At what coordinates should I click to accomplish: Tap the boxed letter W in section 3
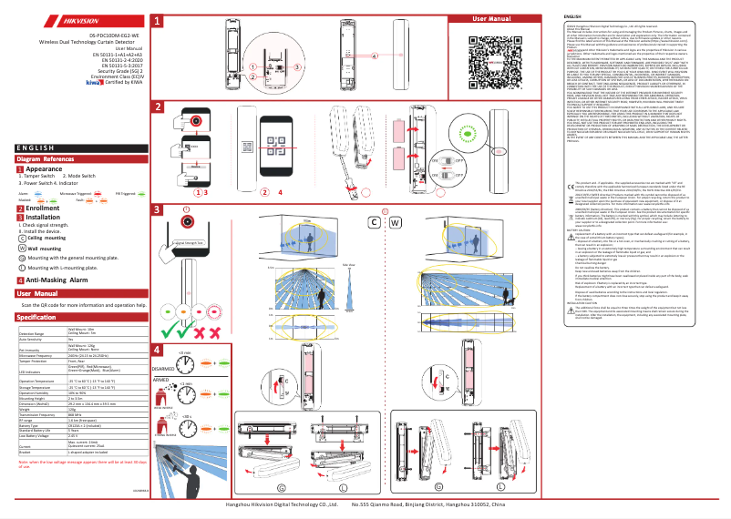pyautogui.click(x=395, y=222)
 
